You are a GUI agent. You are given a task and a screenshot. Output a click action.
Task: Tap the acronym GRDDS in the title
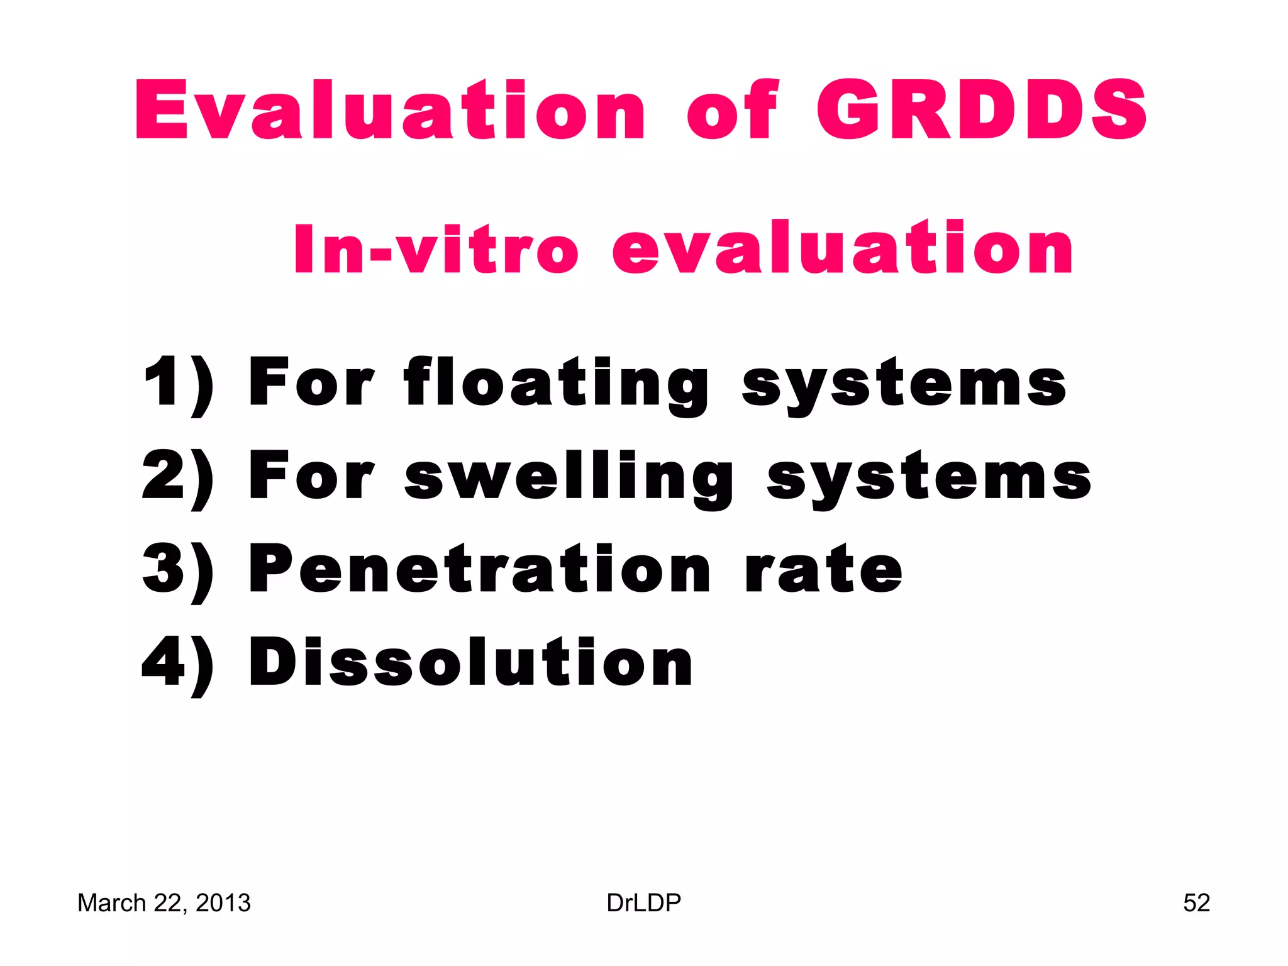click(982, 110)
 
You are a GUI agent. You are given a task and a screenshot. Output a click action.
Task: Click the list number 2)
click(178, 477)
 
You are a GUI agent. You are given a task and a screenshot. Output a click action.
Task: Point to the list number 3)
click(178, 570)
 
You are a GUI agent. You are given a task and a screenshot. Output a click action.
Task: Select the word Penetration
click(480, 569)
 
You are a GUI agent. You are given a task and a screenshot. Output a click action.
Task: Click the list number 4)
click(178, 663)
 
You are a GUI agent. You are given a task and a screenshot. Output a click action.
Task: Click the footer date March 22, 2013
click(164, 903)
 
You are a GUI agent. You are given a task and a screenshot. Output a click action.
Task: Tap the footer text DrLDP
click(643, 903)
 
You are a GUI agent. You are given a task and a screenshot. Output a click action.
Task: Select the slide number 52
click(1196, 903)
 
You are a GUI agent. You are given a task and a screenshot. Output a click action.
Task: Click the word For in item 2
click(312, 477)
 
